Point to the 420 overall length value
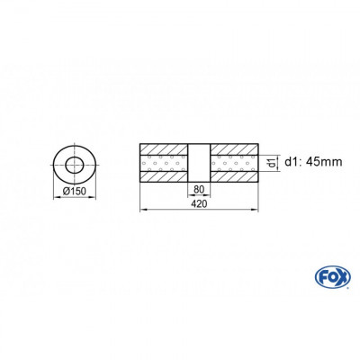(199, 203)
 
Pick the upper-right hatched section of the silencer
(235, 148)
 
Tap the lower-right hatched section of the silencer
(235, 177)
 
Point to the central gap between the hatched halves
(199, 163)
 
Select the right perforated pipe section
(235, 163)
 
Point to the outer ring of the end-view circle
(56, 163)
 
